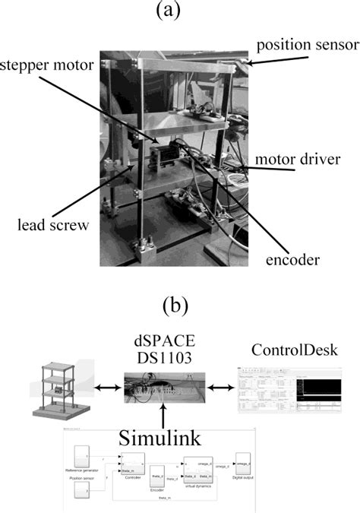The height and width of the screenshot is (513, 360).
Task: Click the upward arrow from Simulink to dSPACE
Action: pyautogui.click(x=165, y=415)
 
